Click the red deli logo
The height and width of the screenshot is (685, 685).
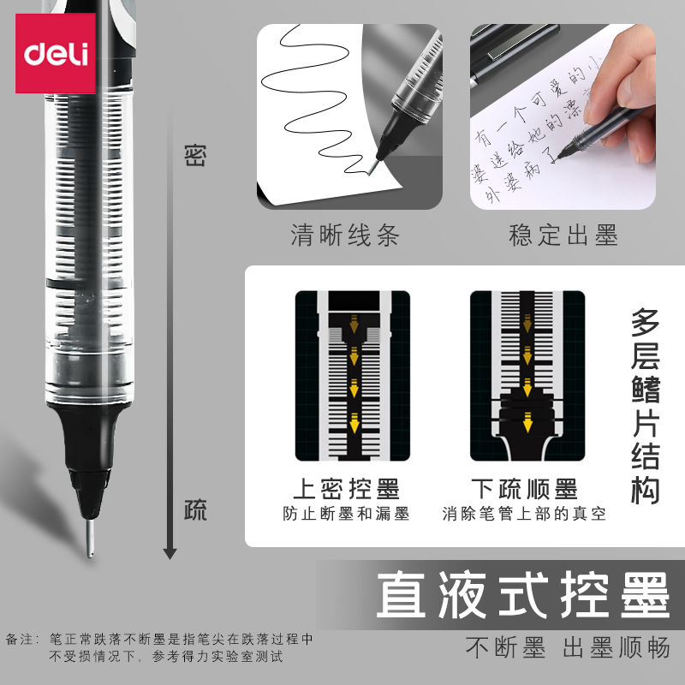click(x=53, y=54)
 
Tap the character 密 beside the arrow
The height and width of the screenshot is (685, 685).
click(x=196, y=156)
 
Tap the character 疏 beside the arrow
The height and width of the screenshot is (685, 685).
click(x=196, y=511)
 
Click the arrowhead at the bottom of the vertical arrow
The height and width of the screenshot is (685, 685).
click(x=170, y=551)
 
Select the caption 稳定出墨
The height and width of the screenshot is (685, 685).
click(x=563, y=235)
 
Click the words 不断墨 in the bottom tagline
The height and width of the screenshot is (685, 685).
click(x=505, y=648)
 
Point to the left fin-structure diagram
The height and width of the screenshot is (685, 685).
click(x=352, y=377)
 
